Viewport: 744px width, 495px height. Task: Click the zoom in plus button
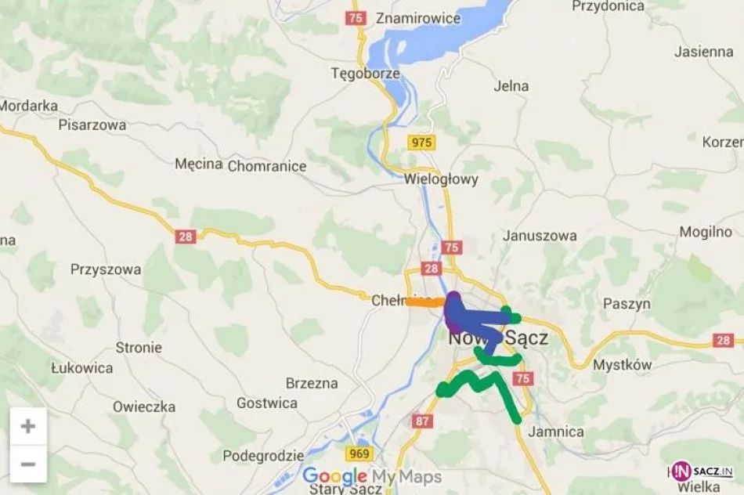[28, 427]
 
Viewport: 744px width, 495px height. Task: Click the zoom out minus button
[28, 464]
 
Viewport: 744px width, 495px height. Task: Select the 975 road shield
[421, 142]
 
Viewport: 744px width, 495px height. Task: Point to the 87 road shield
[423, 421]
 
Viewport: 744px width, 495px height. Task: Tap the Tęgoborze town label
[365, 74]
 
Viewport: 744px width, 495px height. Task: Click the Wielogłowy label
[441, 179]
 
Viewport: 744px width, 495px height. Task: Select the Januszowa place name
[540, 235]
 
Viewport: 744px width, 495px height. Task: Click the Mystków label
[622, 365]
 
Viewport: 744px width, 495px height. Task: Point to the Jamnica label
[556, 432]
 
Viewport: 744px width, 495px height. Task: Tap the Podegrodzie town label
[263, 456]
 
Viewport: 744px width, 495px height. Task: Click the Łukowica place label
[81, 367]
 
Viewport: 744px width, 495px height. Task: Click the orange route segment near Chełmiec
[423, 302]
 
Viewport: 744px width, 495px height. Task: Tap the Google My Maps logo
[372, 476]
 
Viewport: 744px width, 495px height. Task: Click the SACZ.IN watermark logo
[702, 471]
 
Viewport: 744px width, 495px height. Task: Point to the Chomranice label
[265, 165]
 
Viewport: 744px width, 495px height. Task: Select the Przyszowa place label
[106, 269]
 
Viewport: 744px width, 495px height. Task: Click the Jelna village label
[511, 86]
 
